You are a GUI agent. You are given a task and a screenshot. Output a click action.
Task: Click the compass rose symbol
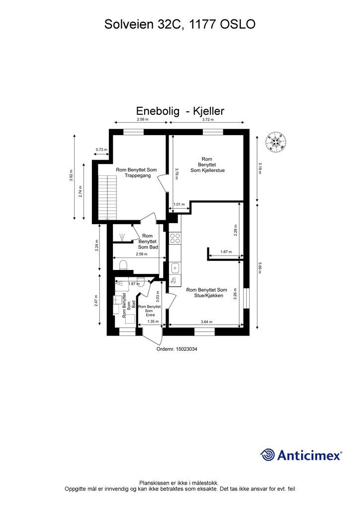pyautogui.click(x=275, y=142)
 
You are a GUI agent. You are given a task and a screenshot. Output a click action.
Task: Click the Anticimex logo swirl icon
pyautogui.click(x=268, y=454)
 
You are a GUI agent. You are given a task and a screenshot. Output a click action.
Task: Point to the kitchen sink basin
pyautogui.click(x=175, y=269)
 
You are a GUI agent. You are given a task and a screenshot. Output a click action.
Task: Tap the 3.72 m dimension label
pyautogui.click(x=208, y=120)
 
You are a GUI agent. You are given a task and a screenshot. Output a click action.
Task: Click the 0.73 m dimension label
pyautogui.click(x=101, y=150)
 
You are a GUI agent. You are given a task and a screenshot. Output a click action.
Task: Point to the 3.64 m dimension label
pyautogui.click(x=206, y=322)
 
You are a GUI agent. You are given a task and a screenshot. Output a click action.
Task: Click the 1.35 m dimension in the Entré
pyautogui.click(x=153, y=322)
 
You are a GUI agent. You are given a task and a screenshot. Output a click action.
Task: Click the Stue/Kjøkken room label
pyautogui.click(x=206, y=293)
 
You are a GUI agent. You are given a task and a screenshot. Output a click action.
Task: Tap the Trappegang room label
pyautogui.click(x=136, y=173)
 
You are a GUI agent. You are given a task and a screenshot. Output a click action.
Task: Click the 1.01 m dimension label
pyautogui.click(x=179, y=204)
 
